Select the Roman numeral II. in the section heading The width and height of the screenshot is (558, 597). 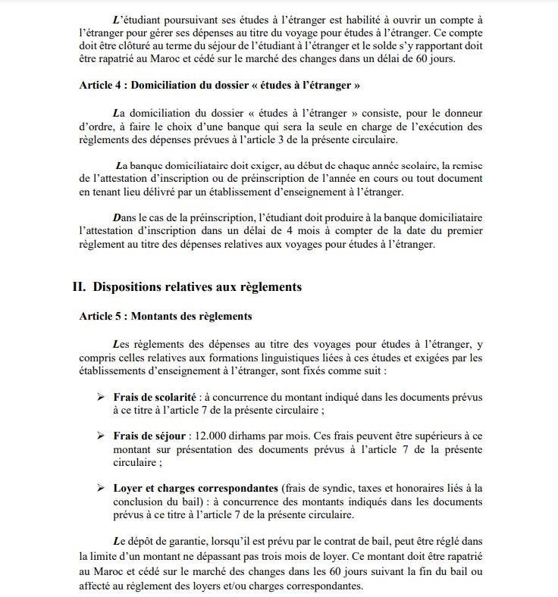(79, 287)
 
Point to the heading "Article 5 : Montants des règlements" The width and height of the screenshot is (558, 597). (165, 316)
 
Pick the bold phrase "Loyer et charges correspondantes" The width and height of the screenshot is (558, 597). (196, 488)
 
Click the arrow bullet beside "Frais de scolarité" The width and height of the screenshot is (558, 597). (100, 397)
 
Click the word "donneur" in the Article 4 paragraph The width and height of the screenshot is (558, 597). (460, 114)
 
